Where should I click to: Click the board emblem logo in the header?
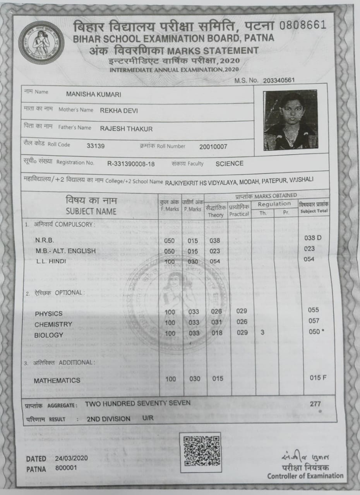pos(41,43)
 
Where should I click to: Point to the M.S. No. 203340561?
pos(279,80)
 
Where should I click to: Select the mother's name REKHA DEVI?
pos(119,111)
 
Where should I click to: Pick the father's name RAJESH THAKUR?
pos(126,129)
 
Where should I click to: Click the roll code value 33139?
pos(96,146)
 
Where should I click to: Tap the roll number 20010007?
pos(213,147)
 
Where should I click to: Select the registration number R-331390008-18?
pos(131,164)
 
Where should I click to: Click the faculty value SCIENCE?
pos(230,164)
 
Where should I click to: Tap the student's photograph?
pos(290,120)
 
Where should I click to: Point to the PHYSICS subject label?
pos(48,314)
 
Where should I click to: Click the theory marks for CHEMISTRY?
pos(218,322)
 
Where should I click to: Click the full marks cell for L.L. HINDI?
pos(170,261)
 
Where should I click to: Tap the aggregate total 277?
pos(315,404)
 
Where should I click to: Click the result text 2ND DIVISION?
pos(108,419)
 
